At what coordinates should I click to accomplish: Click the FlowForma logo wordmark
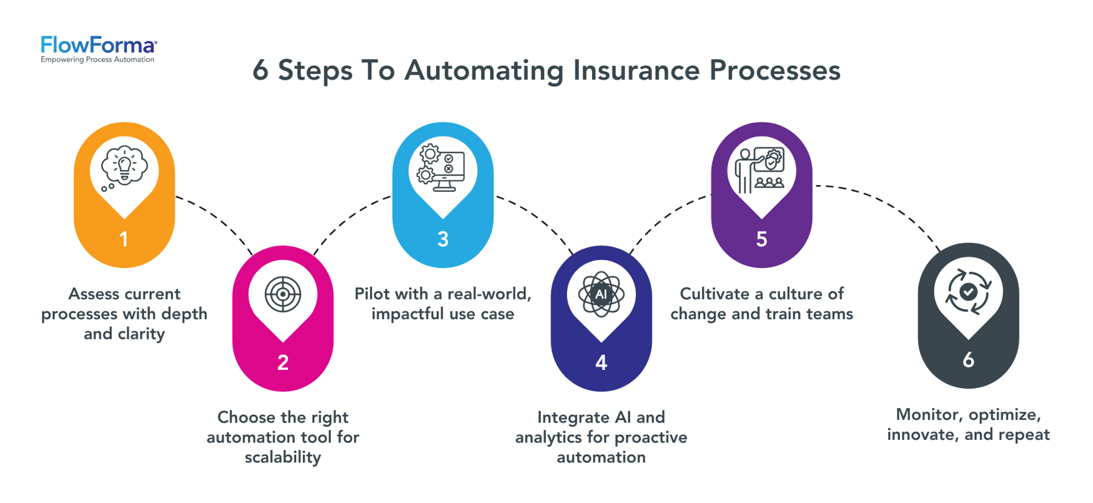pos(98,45)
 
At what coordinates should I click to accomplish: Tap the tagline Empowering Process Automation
pos(97,60)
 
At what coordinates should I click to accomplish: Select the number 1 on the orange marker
pos(124,239)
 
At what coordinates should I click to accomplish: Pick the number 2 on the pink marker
pos(283,362)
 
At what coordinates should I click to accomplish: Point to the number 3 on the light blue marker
pos(443,239)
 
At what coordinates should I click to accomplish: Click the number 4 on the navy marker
pos(601,362)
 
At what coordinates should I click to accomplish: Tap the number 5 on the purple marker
pos(761,239)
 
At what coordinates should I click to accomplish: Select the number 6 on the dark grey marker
pos(968,360)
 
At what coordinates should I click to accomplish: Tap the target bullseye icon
pos(283,294)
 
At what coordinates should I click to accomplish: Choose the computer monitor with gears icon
pos(442,167)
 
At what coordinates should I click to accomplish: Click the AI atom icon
pos(601,294)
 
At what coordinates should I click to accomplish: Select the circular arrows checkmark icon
pos(968,291)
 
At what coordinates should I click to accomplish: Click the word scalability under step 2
pos(283,457)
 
